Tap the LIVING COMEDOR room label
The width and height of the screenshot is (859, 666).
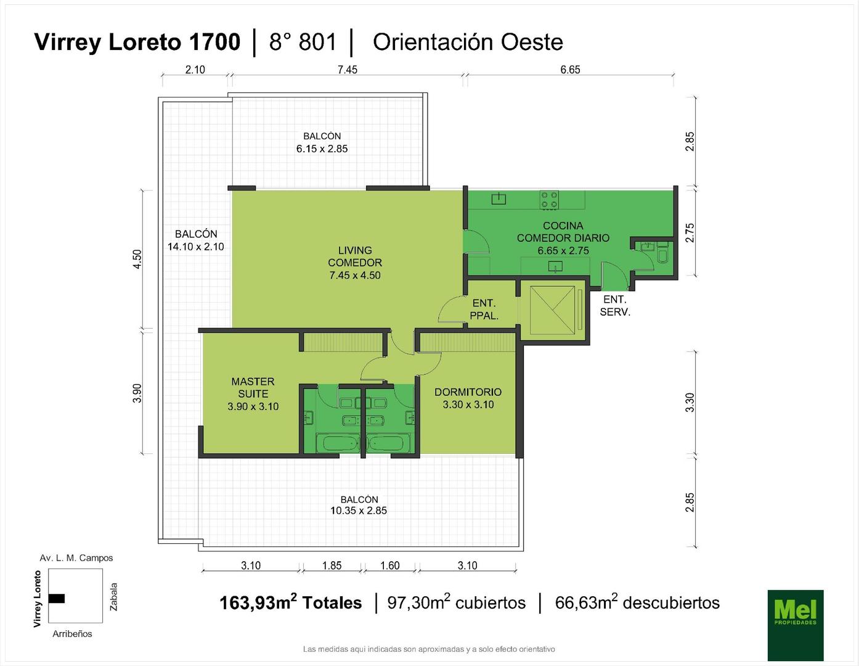354,263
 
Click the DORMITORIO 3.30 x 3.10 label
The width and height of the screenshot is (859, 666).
468,398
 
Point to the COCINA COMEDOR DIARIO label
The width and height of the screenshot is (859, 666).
563,237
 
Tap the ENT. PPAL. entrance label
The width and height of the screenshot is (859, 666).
484,310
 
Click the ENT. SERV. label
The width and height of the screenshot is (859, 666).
615,305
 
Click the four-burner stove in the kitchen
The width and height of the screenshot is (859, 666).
550,200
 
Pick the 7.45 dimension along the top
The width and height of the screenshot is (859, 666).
347,70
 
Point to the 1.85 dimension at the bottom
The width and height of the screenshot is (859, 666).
332,565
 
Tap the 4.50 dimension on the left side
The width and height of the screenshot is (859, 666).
137,259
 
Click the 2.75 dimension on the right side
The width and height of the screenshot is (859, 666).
690,233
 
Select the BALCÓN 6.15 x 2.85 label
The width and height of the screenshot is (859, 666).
322,142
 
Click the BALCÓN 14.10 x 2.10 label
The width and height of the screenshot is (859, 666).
196,240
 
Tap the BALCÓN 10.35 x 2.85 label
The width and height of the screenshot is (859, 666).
359,504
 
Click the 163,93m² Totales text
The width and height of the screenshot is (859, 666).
291,602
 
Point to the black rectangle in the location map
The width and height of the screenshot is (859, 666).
57,598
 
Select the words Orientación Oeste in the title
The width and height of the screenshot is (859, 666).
468,43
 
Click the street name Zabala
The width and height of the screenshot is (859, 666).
113,597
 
